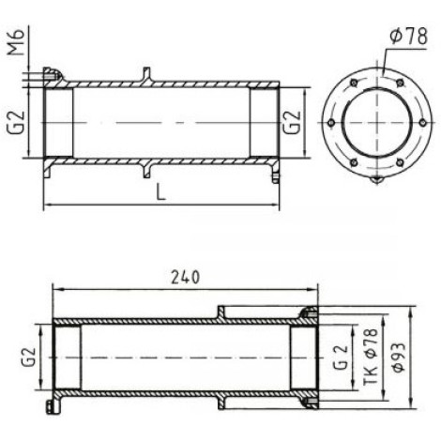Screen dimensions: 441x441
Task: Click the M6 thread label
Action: (16, 42)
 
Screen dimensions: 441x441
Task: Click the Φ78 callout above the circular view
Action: (408, 36)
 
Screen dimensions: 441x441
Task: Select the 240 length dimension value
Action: (185, 277)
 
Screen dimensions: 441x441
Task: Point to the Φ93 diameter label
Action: (400, 357)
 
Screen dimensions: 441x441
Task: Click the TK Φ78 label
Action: (371, 357)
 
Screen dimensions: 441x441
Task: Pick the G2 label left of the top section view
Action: (16, 122)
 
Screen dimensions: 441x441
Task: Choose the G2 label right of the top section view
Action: (292, 122)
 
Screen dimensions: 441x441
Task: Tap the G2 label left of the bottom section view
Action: (28, 357)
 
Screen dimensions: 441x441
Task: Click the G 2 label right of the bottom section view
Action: (340, 357)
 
